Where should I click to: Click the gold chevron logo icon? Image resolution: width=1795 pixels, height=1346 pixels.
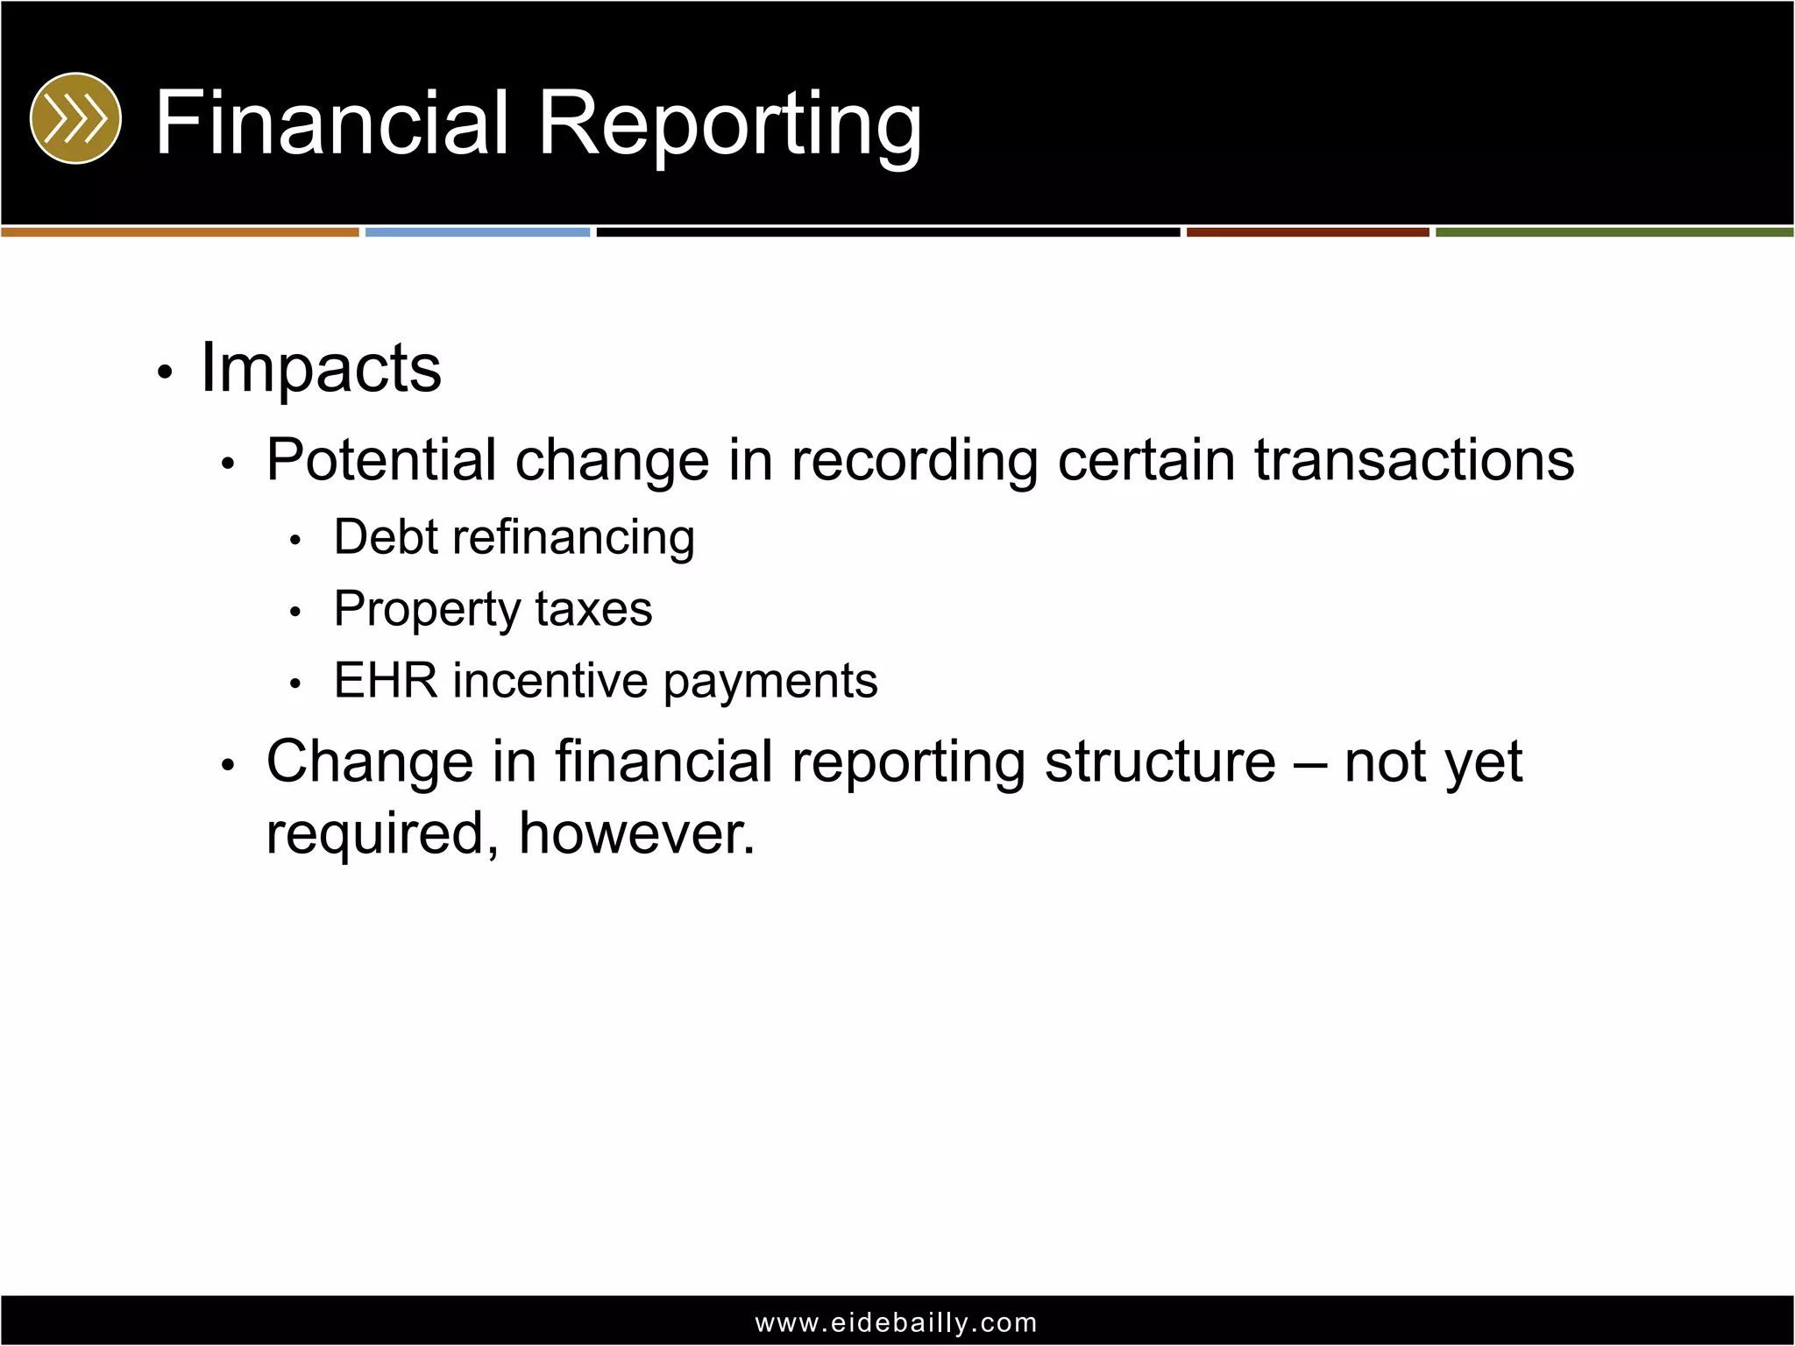(x=75, y=118)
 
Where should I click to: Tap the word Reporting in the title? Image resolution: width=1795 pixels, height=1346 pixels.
(x=729, y=124)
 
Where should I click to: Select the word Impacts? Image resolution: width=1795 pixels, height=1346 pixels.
(x=321, y=369)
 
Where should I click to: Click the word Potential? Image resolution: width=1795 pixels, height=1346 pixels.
(x=380, y=460)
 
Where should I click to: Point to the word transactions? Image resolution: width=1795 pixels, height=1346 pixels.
(x=1414, y=460)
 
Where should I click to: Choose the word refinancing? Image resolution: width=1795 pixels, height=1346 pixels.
(x=574, y=538)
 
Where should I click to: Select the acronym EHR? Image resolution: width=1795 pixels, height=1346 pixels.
(x=386, y=681)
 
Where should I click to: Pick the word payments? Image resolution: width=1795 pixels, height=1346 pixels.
(x=770, y=683)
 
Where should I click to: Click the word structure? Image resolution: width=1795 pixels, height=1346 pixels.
(x=1160, y=762)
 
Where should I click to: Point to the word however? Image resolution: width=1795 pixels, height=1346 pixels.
(x=636, y=833)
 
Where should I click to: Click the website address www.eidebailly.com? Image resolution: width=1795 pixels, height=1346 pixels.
(x=897, y=1322)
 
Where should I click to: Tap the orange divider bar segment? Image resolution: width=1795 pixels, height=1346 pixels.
(x=180, y=232)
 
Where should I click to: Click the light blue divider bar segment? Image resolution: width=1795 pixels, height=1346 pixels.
(x=478, y=232)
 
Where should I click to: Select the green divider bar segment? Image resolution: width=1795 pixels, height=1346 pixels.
(x=1614, y=232)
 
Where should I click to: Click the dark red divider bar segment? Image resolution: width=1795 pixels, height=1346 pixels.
(x=1308, y=232)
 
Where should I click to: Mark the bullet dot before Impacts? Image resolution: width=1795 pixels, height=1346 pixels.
(x=164, y=372)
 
